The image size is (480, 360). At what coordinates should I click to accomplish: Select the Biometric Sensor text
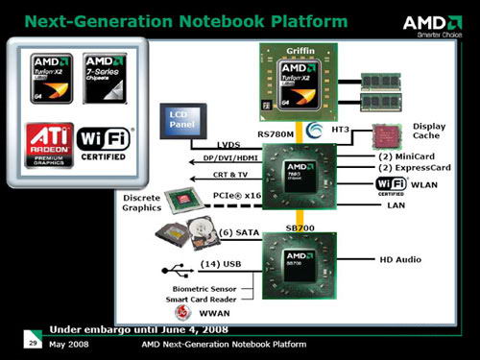coord(204,286)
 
